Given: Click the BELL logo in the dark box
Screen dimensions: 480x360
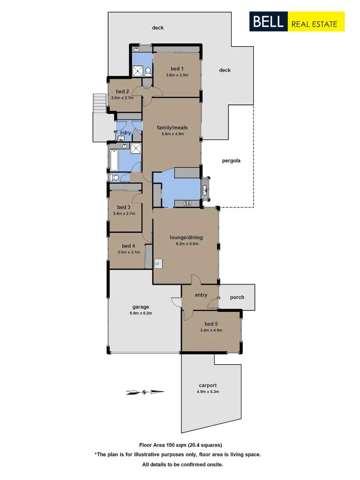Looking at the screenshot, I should pos(268,23).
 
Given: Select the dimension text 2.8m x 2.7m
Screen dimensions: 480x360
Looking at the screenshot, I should pos(122,97).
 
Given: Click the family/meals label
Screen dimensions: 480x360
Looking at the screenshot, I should pos(172,128).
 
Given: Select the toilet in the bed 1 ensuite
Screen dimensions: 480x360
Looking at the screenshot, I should pos(148,72).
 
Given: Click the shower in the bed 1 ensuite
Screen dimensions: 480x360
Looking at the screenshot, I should pos(138,71).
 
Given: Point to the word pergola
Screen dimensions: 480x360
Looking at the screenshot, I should pos(231,161).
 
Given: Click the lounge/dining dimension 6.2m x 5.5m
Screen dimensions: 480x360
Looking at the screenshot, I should pos(184,244).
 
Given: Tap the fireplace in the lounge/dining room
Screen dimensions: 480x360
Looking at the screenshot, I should pos(158,264).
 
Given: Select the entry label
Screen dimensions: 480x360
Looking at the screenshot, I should pos(201,295).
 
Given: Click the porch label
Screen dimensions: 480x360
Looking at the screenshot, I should pos(237,297).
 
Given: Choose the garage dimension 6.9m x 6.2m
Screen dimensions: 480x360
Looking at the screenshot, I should pos(141,313).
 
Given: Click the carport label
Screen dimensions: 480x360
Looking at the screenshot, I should pos(208,385).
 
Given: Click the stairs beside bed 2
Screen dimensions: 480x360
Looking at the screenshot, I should pos(99,102).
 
